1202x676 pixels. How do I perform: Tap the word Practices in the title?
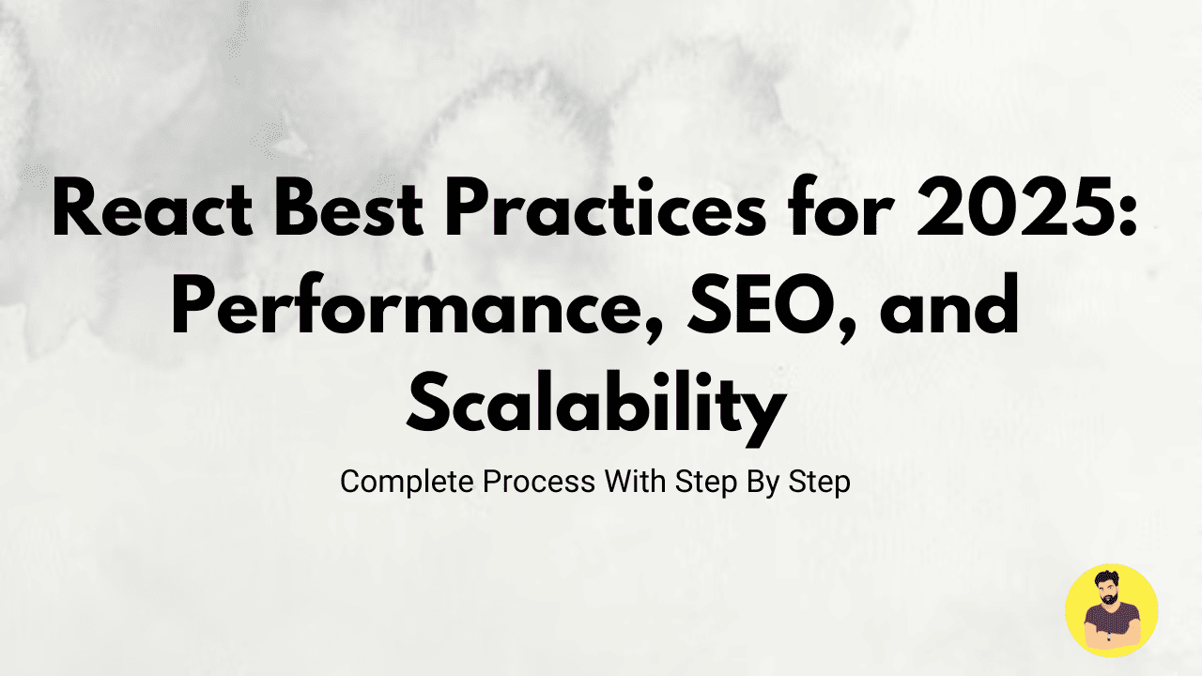606,207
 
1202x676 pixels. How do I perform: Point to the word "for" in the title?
840,207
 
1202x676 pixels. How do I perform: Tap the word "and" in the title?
948,303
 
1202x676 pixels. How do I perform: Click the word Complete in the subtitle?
407,483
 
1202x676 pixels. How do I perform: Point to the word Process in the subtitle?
539,482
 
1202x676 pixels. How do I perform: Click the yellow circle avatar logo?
1111,610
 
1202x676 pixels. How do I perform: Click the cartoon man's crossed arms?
1111,638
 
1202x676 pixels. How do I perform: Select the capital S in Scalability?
428,404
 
